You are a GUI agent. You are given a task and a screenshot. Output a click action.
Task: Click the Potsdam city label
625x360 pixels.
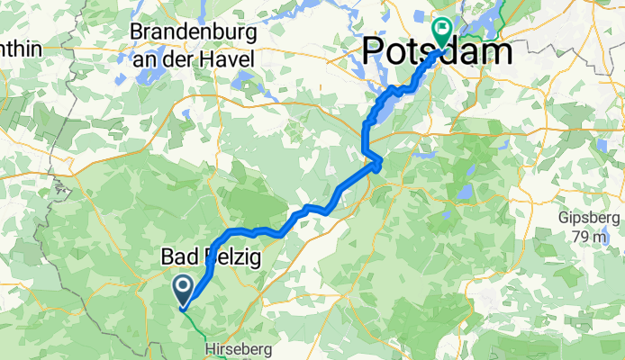[439, 51]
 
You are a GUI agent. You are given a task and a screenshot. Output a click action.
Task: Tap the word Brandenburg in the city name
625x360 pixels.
[194, 31]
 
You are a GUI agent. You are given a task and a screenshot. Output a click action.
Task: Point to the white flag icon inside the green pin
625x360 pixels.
[442, 27]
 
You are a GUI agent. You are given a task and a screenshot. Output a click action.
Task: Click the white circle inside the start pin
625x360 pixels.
[182, 287]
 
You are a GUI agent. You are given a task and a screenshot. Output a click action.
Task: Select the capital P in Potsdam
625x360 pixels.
[376, 51]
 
